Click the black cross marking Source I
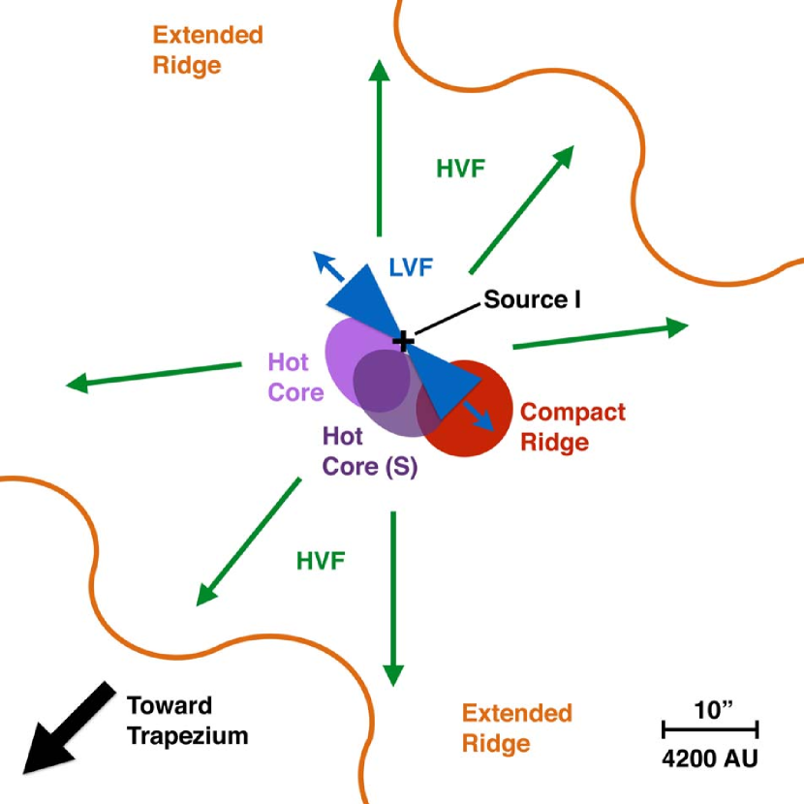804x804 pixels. [404, 341]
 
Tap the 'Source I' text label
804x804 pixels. [532, 299]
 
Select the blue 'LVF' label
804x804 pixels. [412, 267]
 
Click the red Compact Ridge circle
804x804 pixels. [465, 408]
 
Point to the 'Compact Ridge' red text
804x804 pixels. [572, 427]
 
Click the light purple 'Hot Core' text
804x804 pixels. [295, 378]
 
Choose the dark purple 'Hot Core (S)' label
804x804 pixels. [370, 451]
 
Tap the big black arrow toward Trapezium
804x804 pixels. [69, 728]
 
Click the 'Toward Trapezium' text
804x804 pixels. [188, 721]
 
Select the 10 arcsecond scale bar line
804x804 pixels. [710, 728]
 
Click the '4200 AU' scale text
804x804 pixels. [710, 758]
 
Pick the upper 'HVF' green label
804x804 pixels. [460, 169]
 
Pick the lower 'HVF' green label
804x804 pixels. [321, 561]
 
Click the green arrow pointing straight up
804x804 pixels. [380, 148]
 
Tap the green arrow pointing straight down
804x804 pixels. [393, 599]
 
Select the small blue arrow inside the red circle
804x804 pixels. [479, 416]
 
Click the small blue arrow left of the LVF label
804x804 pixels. [328, 266]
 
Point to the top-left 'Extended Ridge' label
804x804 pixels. [208, 50]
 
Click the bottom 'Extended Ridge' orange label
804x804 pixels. [517, 728]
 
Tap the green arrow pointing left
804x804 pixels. [154, 377]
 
